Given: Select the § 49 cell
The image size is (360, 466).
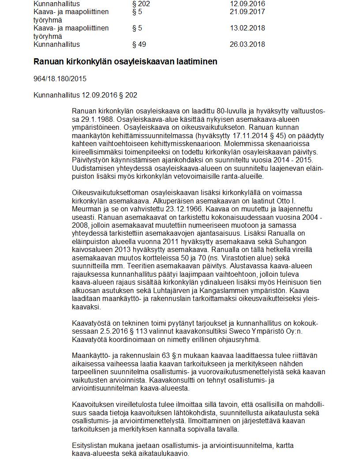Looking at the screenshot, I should tap(139, 44).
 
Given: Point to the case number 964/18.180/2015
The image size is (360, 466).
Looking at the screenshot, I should tap(60, 79).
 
